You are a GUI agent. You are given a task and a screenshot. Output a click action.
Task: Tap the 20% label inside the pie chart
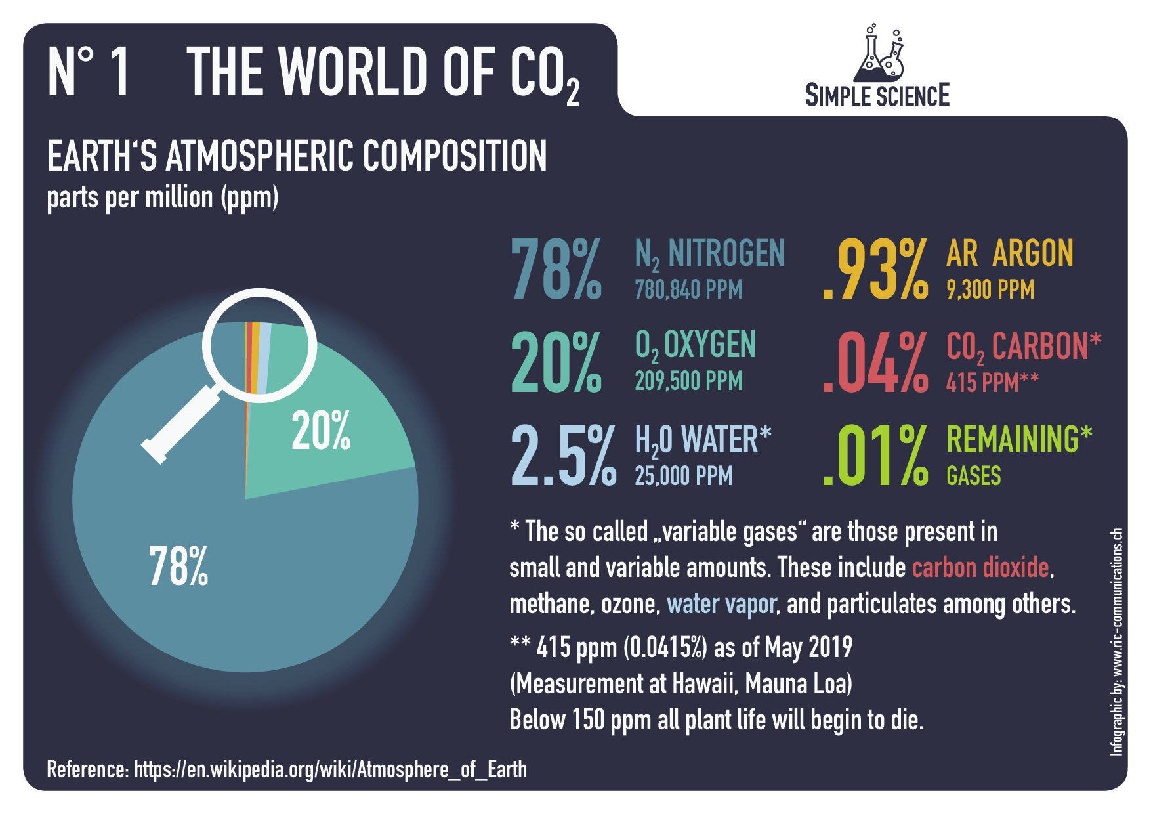tap(320, 431)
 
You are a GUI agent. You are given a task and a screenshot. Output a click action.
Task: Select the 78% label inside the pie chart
tap(178, 566)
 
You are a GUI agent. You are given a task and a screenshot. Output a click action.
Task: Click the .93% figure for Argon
tap(875, 270)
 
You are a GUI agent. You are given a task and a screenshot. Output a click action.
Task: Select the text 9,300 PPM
tap(990, 289)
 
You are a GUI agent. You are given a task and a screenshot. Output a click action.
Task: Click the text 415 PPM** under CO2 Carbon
tap(992, 382)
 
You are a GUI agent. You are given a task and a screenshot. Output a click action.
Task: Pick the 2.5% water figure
tap(563, 456)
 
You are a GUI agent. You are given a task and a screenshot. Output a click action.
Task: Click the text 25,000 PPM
tap(682, 476)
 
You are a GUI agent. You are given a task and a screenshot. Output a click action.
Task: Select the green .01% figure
tap(875, 456)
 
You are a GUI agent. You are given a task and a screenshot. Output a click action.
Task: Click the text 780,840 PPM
tap(688, 289)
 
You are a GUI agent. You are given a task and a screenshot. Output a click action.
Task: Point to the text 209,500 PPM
tap(688, 381)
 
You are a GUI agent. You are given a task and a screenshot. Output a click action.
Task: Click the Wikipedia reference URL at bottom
tap(330, 769)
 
